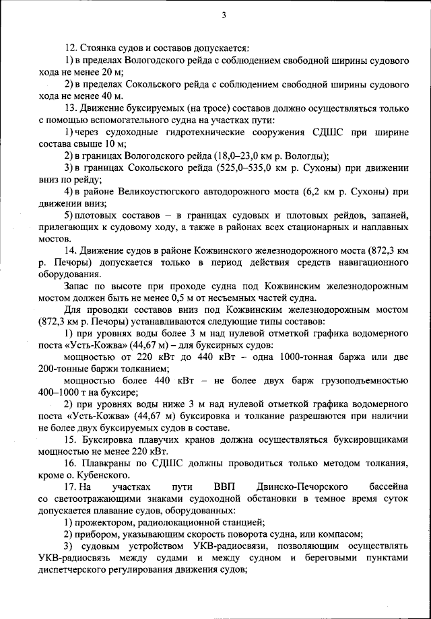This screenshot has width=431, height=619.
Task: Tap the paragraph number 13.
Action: [x=71, y=108]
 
